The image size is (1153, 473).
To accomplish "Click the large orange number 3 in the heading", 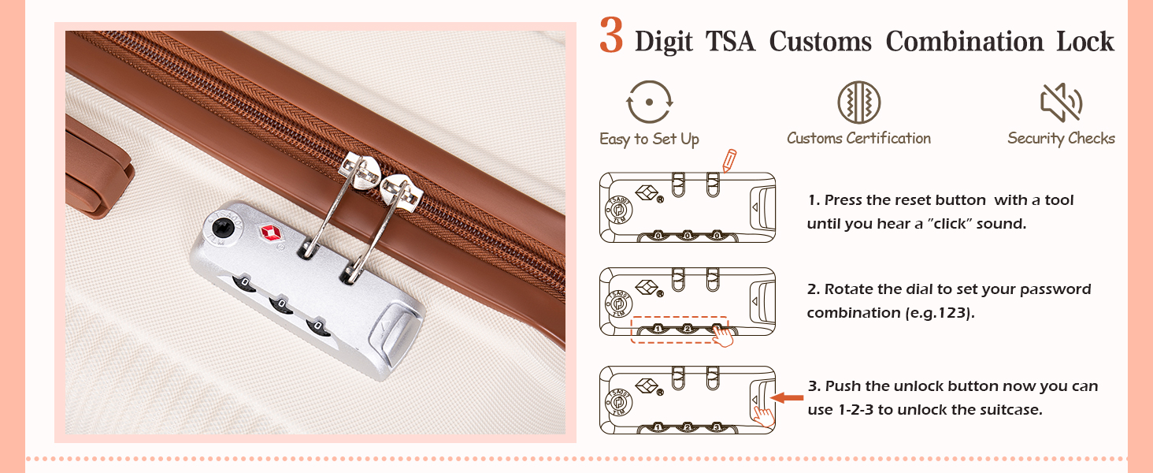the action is [x=611, y=35].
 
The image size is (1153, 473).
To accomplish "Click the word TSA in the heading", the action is [x=730, y=41].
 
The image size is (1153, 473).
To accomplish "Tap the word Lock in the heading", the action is [x=1085, y=41].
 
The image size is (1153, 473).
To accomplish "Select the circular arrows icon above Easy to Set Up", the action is [x=649, y=102].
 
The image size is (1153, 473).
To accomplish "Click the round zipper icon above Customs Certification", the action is [x=858, y=102].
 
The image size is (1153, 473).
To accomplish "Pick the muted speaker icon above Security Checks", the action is [x=1061, y=102].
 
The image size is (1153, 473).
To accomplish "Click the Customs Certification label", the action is [x=858, y=138].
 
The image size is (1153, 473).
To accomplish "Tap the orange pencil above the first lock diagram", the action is [x=729, y=160].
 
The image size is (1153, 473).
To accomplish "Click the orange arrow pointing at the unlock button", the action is [x=787, y=397].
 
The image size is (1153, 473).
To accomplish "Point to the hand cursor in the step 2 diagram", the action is [x=723, y=335].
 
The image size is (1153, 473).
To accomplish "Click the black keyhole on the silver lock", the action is [x=223, y=227].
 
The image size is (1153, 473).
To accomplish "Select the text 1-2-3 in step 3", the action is [x=856, y=410].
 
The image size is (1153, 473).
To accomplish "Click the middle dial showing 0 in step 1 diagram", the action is [x=688, y=236].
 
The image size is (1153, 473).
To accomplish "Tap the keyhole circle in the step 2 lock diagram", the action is [x=618, y=303].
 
